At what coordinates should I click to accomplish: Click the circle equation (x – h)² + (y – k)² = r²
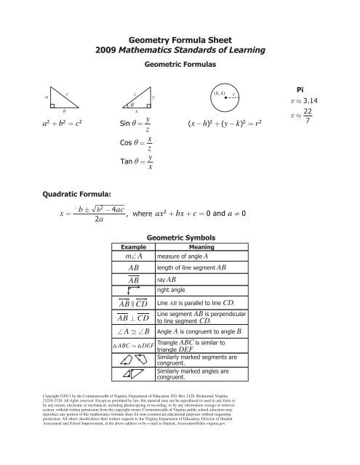coord(224,124)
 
